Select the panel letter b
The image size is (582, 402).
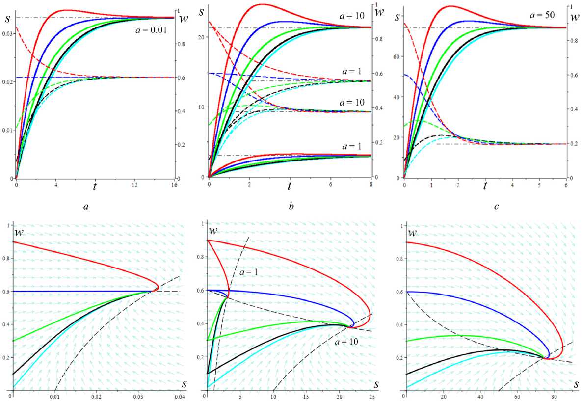click(291, 207)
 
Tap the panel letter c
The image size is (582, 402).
click(496, 207)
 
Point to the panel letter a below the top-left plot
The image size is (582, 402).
click(86, 207)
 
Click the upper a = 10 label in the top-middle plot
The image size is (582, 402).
click(352, 16)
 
